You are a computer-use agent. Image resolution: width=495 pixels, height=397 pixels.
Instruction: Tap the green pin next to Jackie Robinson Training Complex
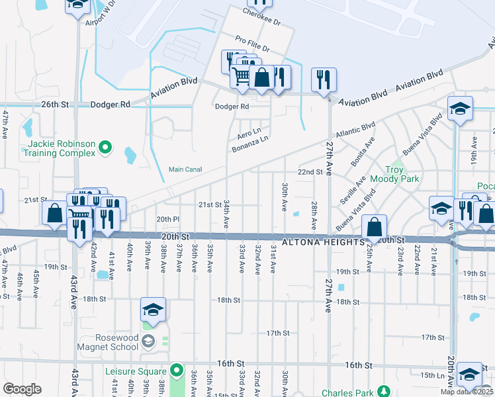point(105,148)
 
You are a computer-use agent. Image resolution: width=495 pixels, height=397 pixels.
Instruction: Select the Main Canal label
point(185,169)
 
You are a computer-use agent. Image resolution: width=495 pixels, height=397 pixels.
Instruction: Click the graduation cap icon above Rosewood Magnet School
point(153,310)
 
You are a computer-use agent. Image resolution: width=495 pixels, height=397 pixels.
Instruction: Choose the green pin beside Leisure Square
point(175,369)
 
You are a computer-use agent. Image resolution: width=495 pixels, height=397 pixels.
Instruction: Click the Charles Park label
point(347,393)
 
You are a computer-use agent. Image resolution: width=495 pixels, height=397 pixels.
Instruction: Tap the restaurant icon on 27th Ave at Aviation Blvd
point(324,79)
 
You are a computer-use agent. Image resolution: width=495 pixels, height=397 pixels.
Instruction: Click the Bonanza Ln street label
point(250,144)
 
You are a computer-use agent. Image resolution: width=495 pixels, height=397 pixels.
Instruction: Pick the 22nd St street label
point(309,171)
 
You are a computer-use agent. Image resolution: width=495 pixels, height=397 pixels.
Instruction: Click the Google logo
point(22,389)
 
